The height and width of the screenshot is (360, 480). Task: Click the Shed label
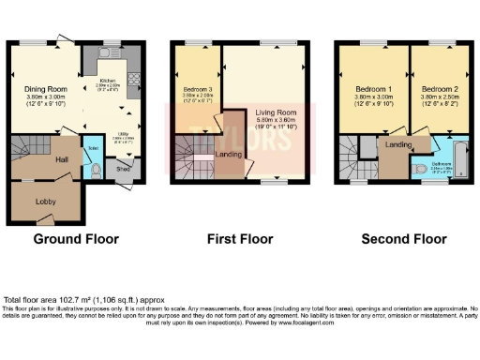click(x=122, y=169)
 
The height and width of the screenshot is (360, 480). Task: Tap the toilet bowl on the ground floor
click(x=97, y=171)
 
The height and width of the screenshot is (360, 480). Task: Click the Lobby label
click(x=45, y=202)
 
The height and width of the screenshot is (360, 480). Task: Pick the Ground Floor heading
click(x=76, y=239)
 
